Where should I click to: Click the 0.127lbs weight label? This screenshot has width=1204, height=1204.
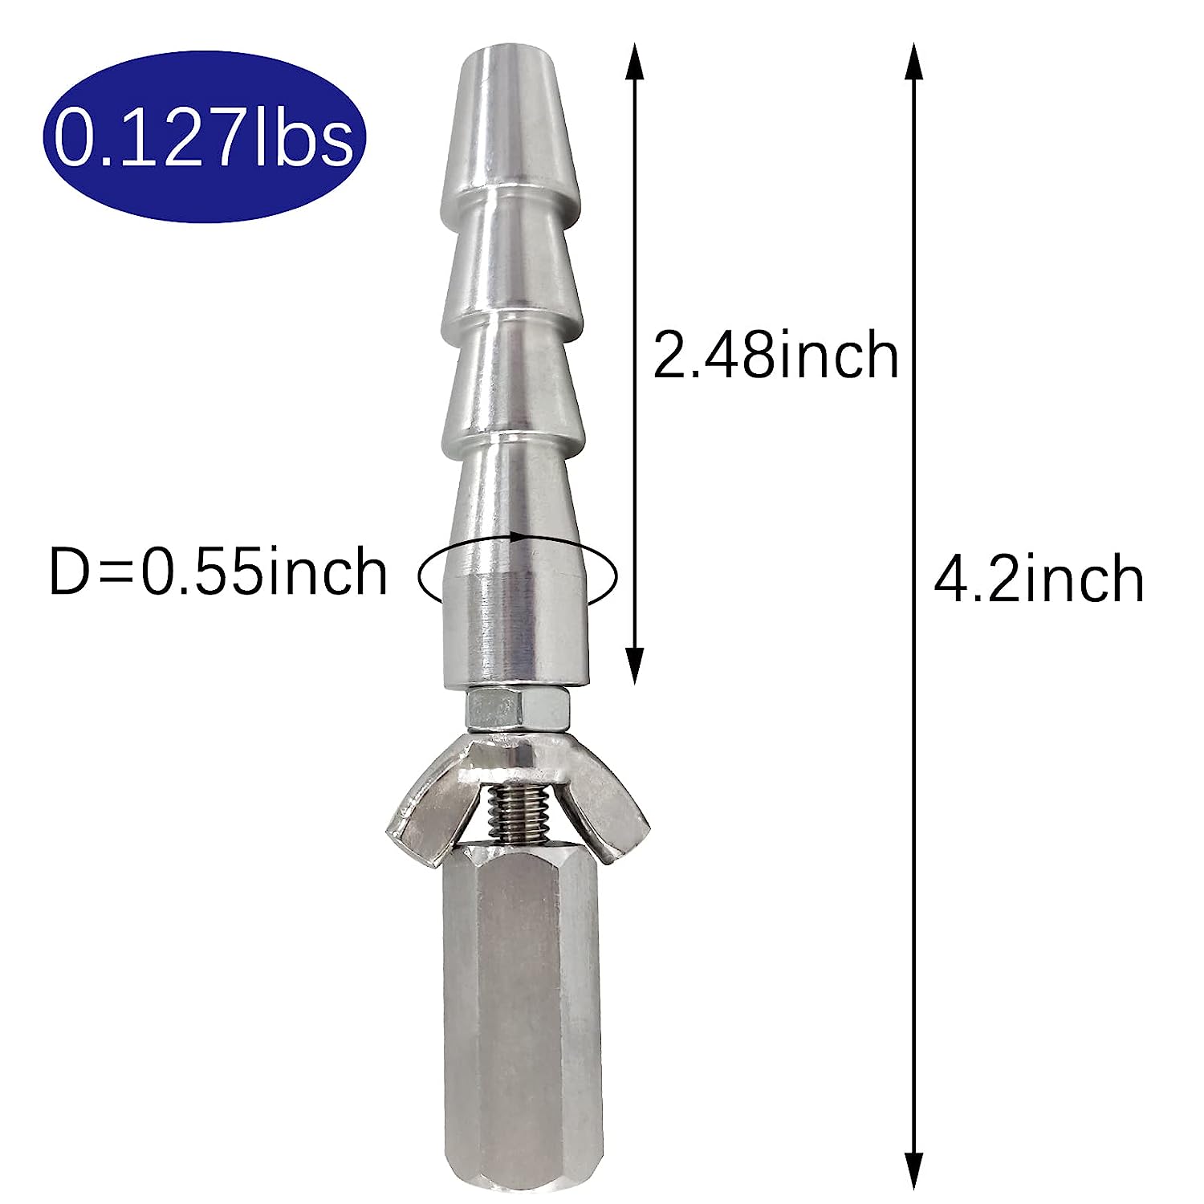(x=204, y=138)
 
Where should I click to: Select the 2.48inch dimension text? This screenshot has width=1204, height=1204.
(x=775, y=356)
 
